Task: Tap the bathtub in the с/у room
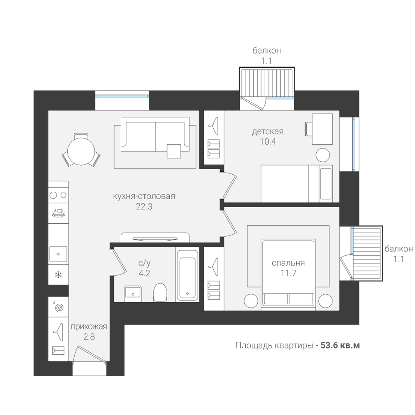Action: (x=188, y=274)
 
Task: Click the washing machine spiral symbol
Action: (x=59, y=307)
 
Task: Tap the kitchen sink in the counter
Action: (x=59, y=254)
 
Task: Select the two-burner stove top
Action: (x=59, y=195)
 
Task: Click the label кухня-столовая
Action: (x=144, y=196)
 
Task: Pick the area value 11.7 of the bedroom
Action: (x=288, y=273)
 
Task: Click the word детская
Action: (x=268, y=131)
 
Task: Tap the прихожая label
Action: (x=89, y=327)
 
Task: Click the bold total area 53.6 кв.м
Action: (x=340, y=345)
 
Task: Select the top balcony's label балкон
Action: (x=266, y=50)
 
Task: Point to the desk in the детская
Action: (x=322, y=129)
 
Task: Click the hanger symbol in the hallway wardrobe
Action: (x=58, y=332)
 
